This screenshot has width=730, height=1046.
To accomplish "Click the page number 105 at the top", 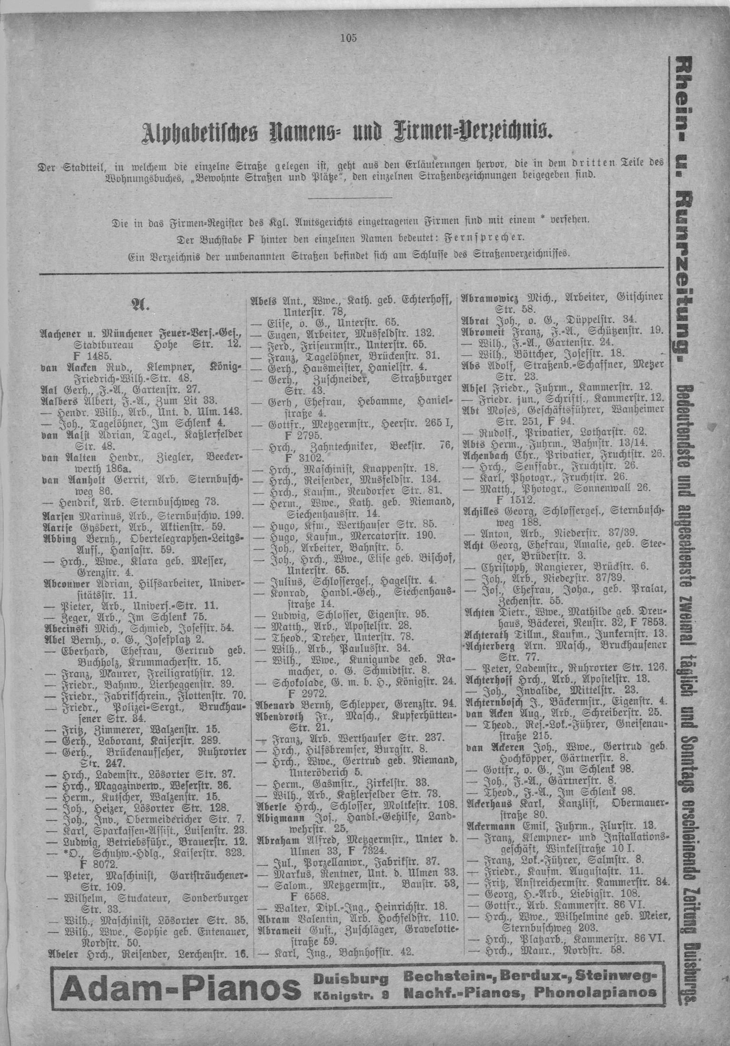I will point(348,38).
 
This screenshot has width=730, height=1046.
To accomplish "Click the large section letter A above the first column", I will point(142,305).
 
